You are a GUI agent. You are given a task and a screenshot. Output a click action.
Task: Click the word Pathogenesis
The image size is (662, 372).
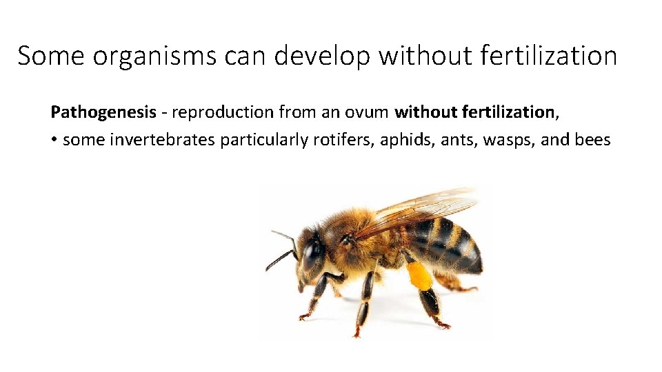103,112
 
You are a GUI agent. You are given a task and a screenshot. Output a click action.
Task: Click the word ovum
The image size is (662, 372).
366,112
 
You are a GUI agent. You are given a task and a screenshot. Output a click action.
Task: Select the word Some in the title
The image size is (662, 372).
50,56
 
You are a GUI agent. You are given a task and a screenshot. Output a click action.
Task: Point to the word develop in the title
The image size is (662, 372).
321,56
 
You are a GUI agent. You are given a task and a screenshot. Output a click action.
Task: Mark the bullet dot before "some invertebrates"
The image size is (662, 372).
54,141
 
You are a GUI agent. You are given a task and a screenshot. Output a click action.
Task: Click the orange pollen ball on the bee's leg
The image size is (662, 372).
419,275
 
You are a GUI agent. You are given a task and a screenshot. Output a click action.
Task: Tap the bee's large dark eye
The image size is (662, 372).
311,254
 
